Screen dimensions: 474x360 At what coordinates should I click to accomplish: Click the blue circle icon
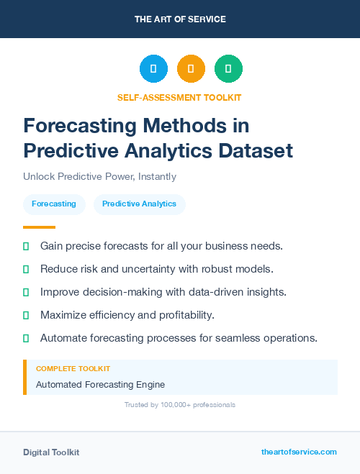point(153,69)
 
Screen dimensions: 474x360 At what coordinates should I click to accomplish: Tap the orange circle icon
point(191,69)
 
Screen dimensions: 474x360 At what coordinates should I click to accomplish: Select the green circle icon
point(228,69)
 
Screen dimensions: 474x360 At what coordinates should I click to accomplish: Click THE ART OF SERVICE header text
point(180,19)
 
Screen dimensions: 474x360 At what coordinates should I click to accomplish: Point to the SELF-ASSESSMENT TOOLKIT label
point(179,97)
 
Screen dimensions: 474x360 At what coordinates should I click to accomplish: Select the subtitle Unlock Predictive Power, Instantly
point(99,176)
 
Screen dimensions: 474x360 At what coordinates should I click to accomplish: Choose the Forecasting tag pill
point(54,204)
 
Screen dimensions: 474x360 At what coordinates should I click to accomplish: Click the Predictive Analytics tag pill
point(139,204)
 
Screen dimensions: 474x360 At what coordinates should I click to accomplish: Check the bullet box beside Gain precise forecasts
point(26,246)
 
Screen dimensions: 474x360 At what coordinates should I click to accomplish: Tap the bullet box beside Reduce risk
point(26,269)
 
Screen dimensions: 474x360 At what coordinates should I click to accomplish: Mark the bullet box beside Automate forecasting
point(26,338)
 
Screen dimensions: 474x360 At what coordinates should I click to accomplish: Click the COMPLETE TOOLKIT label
point(73,368)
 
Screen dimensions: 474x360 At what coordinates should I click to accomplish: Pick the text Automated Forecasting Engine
point(100,384)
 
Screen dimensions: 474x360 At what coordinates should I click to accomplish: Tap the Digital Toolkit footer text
point(51,452)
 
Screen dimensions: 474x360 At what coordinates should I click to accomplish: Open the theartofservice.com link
point(299,452)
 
